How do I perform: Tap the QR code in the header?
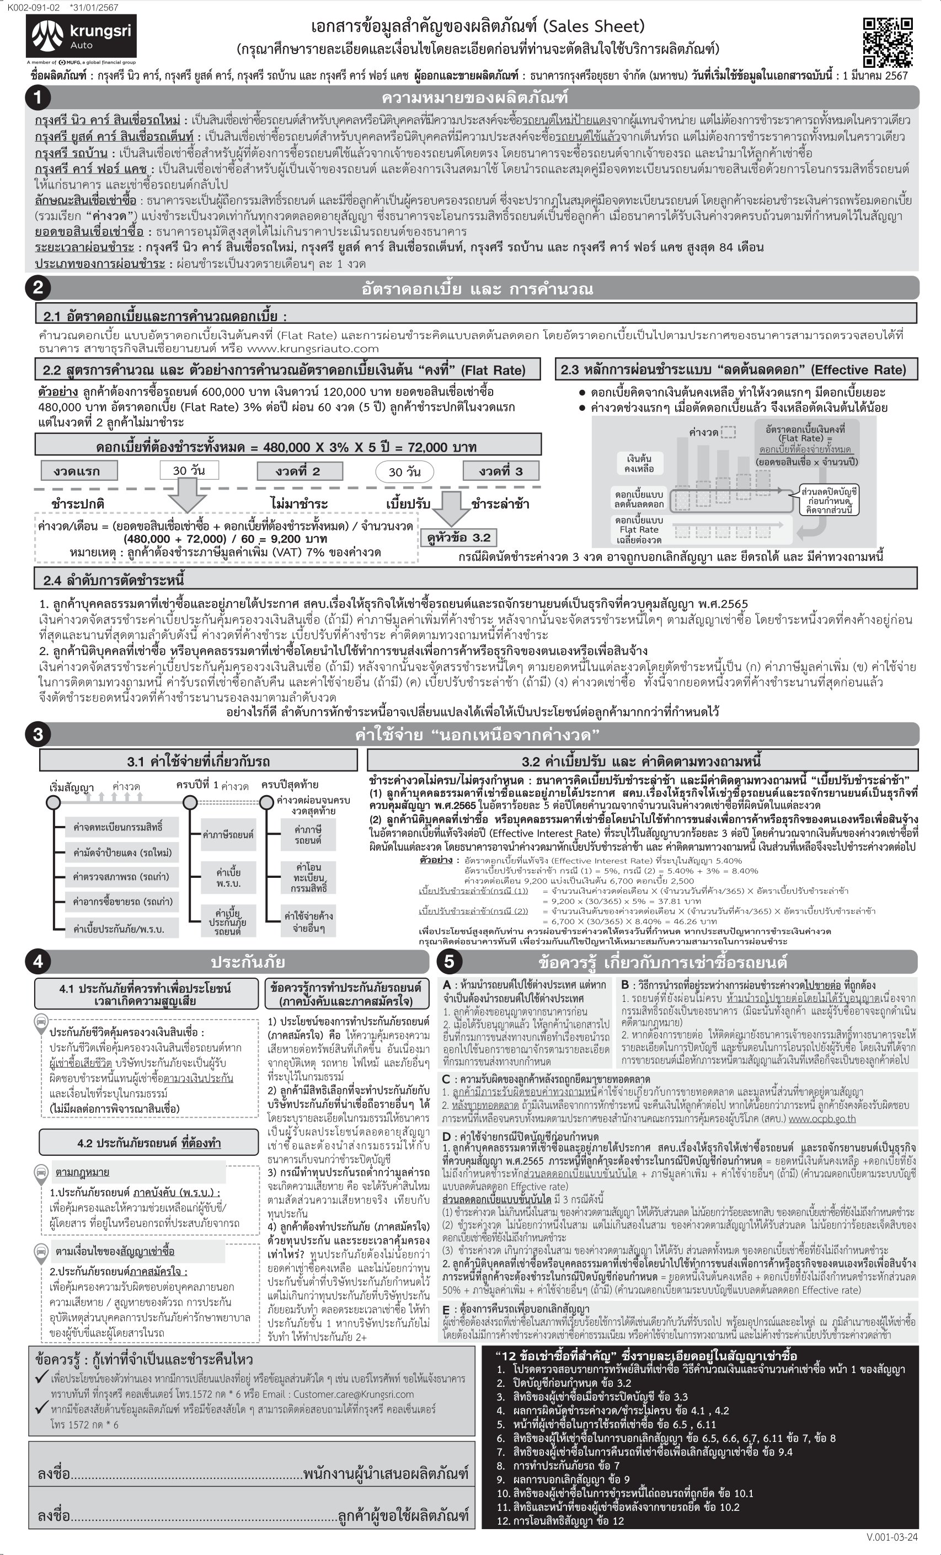887,42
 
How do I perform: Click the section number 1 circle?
38,97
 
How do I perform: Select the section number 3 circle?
38,734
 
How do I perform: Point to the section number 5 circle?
450,961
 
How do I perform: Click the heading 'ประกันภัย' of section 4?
248,962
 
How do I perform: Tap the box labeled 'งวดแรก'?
76,471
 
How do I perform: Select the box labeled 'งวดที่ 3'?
500,471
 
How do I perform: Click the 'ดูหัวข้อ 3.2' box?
458,538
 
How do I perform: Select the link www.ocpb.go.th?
822,1119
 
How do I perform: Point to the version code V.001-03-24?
892,1537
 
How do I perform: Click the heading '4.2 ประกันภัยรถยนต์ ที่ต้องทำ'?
149,1143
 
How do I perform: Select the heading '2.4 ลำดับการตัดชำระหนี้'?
114,580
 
